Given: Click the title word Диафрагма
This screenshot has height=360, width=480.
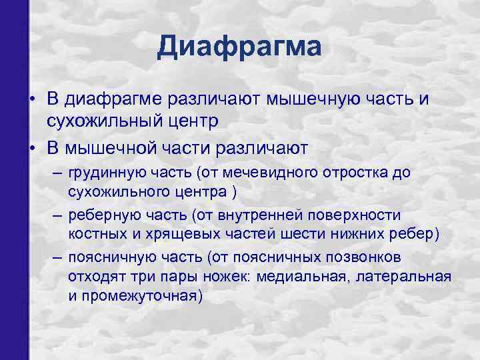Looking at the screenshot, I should tap(240, 47).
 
